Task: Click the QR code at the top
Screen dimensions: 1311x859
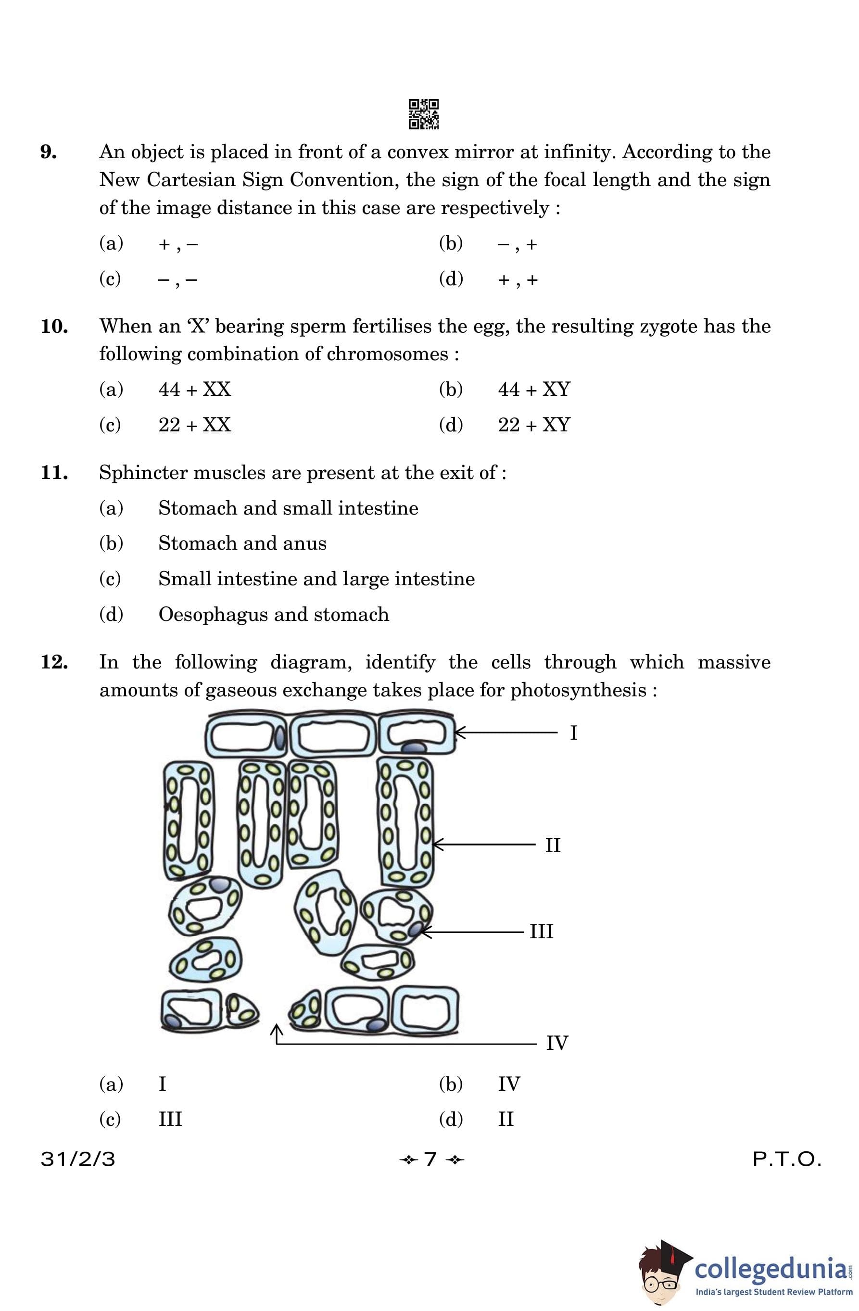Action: point(423,114)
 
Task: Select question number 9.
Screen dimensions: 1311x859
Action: point(49,152)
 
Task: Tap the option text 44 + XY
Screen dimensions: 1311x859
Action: point(534,390)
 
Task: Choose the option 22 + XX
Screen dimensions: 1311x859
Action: point(194,425)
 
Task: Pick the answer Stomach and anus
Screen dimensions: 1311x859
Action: point(242,543)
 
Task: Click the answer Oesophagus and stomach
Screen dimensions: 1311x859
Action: point(273,614)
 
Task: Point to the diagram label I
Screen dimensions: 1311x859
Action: point(574,733)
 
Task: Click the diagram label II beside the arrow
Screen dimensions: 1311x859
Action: point(553,845)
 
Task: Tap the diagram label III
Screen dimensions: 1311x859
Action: point(541,932)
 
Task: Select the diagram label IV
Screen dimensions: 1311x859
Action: point(556,1043)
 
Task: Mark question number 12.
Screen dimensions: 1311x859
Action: point(54,662)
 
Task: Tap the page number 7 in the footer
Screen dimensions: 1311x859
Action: point(430,1159)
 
